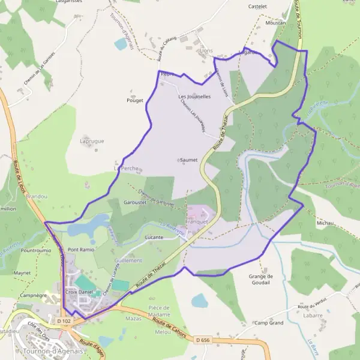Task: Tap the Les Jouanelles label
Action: pos(194,96)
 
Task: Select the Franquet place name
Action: pos(196,221)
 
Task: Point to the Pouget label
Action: pos(136,100)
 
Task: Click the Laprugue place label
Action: pos(92,141)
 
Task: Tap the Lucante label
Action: pos(154,238)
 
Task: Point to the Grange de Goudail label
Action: pos(260,280)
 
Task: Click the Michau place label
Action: pos(325,223)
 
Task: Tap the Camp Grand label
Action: pos(268,323)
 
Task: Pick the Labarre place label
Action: pos(313,315)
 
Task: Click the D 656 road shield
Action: pos(202,340)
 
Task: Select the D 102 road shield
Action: pos(64,322)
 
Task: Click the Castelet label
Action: pos(257,6)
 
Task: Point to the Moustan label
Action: pos(275,22)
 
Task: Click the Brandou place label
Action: pos(37,196)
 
